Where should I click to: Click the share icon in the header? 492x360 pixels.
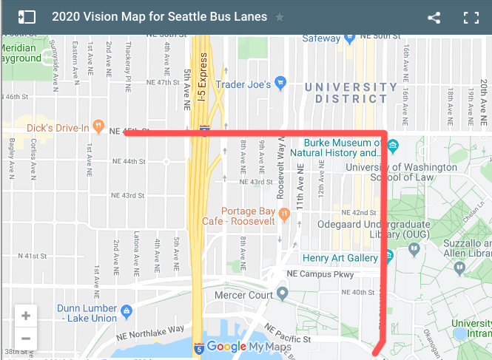point(434,18)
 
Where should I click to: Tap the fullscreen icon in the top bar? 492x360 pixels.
point(471,18)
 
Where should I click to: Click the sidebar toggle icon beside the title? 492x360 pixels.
point(27,17)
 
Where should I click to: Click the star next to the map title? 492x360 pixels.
point(280,17)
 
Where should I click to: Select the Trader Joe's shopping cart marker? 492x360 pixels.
point(280,82)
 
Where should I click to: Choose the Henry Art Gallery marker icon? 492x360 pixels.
point(387,258)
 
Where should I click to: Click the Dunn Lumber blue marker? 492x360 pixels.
point(126,310)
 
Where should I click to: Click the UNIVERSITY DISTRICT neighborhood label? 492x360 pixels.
point(351,93)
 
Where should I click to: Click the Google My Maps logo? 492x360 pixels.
point(236,347)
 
